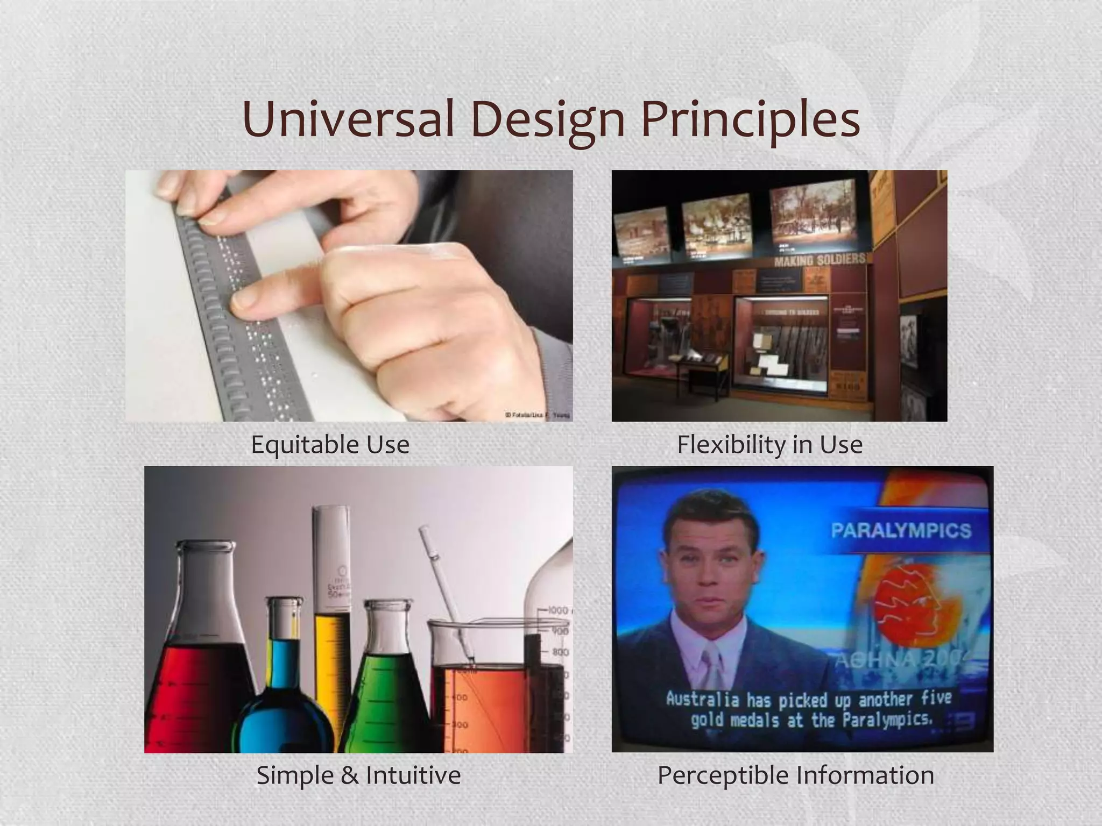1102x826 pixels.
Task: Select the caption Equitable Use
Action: (x=330, y=445)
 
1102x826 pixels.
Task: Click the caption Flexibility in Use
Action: (x=769, y=445)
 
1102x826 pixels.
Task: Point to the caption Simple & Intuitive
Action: (x=358, y=775)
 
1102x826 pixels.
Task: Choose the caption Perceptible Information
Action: (x=795, y=775)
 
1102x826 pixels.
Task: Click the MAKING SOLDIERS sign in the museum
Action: (x=820, y=260)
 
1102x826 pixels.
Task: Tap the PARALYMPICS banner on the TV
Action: (x=901, y=531)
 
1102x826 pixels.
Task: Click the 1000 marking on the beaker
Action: (x=558, y=611)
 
